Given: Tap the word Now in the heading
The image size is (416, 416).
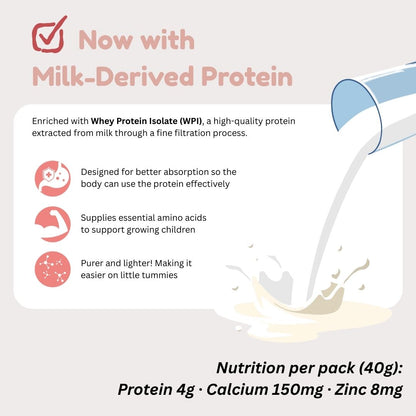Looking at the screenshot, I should (x=105, y=40).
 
